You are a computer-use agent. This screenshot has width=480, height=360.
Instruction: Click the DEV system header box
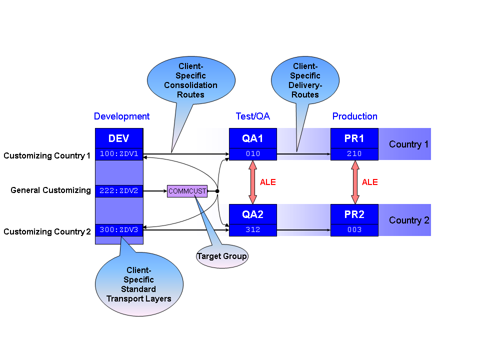[x=119, y=138]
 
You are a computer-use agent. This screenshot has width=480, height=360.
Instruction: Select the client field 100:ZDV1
[x=119, y=154]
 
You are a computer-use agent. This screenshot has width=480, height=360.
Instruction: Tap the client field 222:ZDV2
[x=119, y=190]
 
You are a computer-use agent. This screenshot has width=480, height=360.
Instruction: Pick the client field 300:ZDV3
[x=119, y=230]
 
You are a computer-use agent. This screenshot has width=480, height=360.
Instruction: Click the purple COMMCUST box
[x=187, y=191]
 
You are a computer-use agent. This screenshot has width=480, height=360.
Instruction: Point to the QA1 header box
[x=252, y=138]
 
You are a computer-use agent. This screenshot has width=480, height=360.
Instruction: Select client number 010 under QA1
[x=252, y=154]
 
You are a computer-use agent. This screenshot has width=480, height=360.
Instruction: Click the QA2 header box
[x=252, y=214]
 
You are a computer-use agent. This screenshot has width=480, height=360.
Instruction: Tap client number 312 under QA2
[x=252, y=230]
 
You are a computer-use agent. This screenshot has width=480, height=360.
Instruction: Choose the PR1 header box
[x=354, y=138]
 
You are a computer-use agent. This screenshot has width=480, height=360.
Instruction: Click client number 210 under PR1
[x=354, y=154]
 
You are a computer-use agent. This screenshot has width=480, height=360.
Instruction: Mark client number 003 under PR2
[x=354, y=230]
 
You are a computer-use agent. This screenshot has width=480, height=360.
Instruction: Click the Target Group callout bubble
[x=221, y=256]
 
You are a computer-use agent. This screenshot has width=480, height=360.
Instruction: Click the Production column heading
[x=355, y=116]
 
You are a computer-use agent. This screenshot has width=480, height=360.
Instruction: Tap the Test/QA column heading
[x=253, y=116]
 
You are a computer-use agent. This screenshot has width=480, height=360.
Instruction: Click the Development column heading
[x=121, y=116]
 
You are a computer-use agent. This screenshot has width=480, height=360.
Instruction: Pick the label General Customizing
[x=50, y=190]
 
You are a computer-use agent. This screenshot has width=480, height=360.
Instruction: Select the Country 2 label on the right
[x=409, y=220]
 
